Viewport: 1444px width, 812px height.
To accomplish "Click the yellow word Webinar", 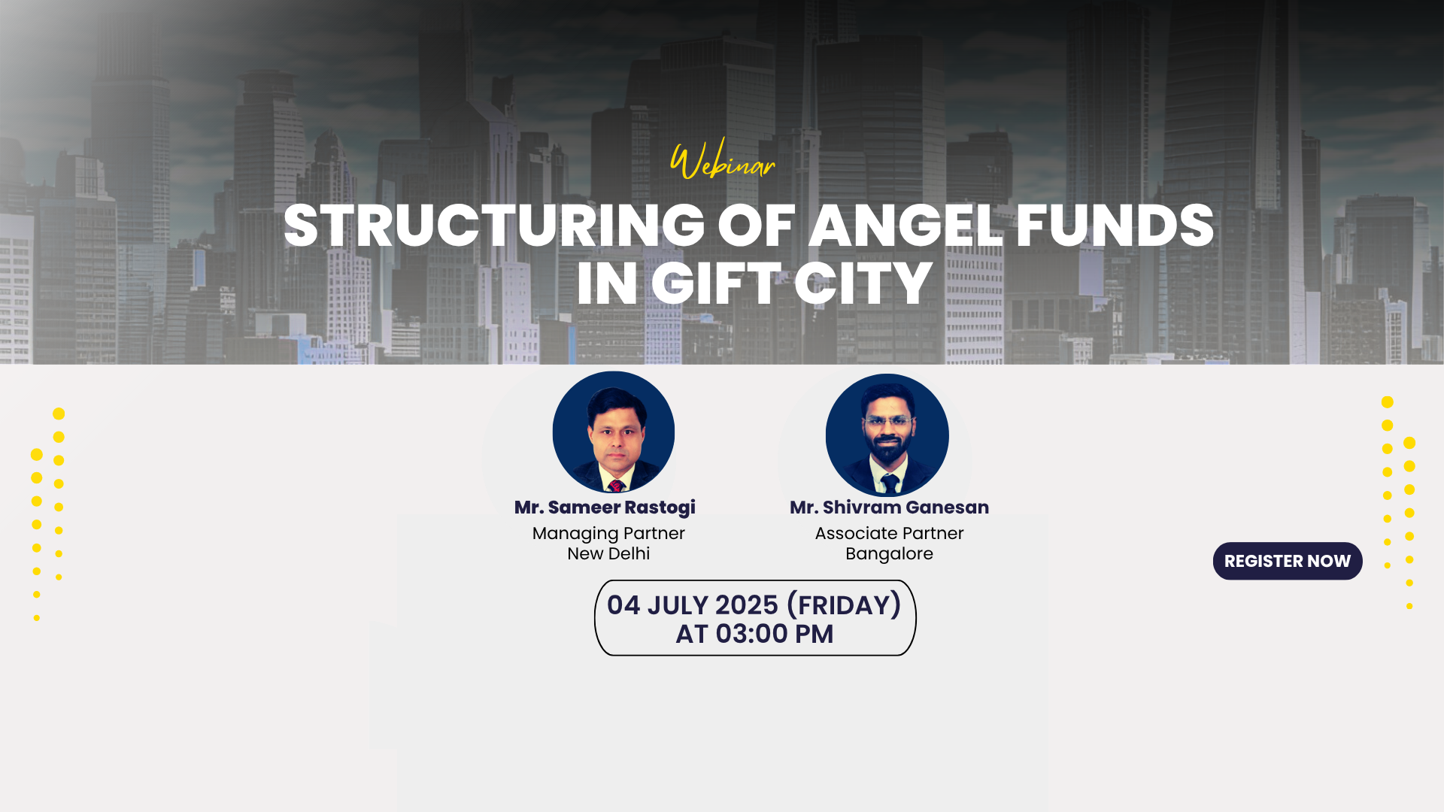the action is pyautogui.click(x=722, y=159).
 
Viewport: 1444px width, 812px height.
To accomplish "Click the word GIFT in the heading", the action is pyautogui.click(x=716, y=283).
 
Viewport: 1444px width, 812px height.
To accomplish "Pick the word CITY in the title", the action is pyautogui.click(x=863, y=283).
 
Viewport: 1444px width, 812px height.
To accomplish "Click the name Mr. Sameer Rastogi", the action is pyautogui.click(x=605, y=507).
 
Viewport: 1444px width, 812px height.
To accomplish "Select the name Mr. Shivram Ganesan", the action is pyautogui.click(x=889, y=507).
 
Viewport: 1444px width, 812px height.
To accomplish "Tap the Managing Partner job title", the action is pyautogui.click(x=608, y=533).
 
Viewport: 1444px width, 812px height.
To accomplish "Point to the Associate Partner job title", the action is pyautogui.click(x=889, y=533).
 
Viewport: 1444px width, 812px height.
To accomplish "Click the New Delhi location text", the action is pyautogui.click(x=608, y=553).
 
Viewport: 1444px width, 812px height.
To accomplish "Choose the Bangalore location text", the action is pyautogui.click(x=889, y=554).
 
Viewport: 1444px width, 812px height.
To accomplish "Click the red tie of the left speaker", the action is pyautogui.click(x=616, y=485).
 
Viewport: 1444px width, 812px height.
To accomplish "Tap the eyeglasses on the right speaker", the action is pyautogui.click(x=888, y=422).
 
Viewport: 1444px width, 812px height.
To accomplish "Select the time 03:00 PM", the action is pyautogui.click(x=774, y=634).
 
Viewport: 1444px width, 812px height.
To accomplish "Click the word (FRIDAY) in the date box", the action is pyautogui.click(x=843, y=605).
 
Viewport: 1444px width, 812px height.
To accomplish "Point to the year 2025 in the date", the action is pyautogui.click(x=746, y=605).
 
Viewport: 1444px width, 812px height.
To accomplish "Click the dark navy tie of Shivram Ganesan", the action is pyautogui.click(x=890, y=484).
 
